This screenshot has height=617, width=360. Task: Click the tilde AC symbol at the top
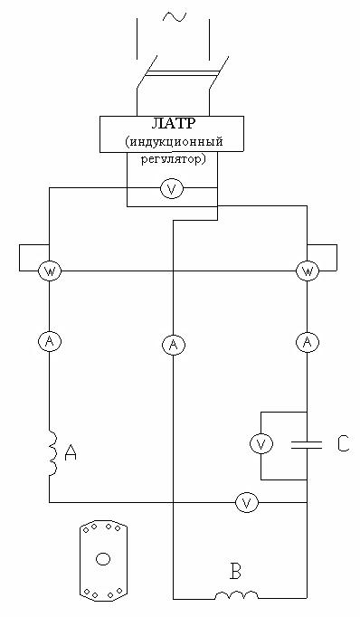(175, 16)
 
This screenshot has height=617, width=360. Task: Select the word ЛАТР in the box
(173, 124)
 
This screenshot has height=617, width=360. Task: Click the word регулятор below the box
(174, 160)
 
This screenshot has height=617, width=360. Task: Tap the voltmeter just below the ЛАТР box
(172, 189)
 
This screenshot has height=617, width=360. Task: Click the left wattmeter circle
(49, 271)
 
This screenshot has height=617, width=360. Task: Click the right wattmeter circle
(308, 271)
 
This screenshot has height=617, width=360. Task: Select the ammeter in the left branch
(49, 342)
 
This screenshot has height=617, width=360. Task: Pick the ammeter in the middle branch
(173, 345)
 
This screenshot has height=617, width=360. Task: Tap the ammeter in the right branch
(308, 342)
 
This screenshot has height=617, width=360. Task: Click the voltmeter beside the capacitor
(261, 444)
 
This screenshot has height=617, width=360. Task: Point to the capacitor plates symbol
(307, 445)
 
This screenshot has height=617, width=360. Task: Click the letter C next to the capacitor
(343, 444)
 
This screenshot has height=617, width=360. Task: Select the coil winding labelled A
(53, 452)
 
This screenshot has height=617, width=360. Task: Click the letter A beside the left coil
(71, 452)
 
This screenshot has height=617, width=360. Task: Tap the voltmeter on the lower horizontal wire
(247, 502)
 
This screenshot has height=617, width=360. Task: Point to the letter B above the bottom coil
(235, 572)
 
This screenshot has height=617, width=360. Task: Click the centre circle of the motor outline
(103, 559)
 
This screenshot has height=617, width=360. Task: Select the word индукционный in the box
(176, 141)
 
